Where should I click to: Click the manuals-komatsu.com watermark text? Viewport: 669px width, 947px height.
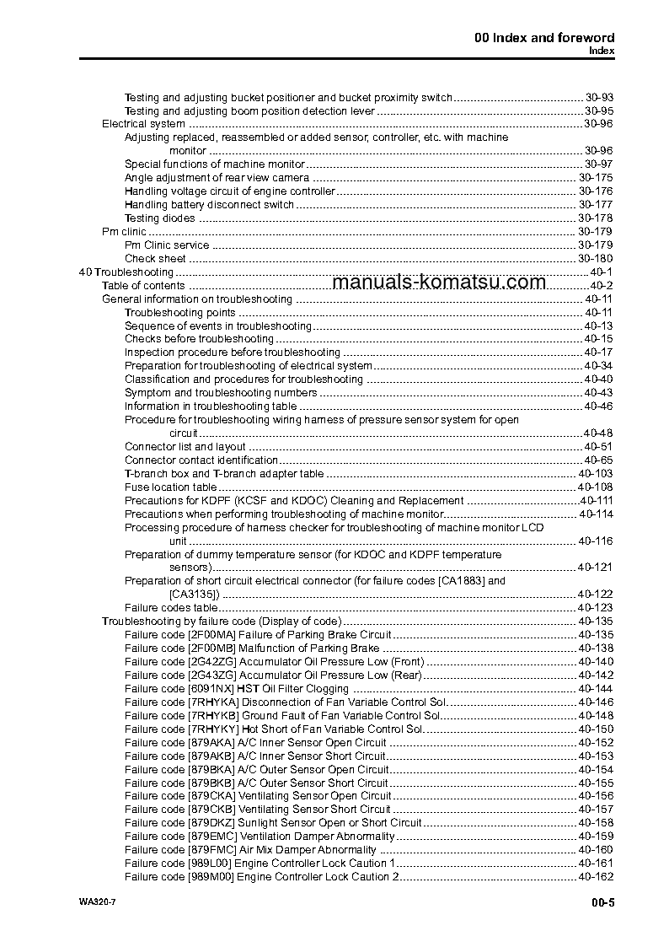(439, 282)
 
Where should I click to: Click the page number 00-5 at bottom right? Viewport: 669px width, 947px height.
(602, 903)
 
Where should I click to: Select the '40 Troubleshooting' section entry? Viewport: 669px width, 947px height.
(126, 272)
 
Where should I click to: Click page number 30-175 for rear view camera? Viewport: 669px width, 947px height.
(595, 178)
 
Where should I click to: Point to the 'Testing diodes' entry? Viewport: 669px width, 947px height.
(160, 218)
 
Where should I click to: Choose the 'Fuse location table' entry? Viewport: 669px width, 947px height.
(170, 487)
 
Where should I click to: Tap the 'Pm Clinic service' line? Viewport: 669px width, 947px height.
(167, 245)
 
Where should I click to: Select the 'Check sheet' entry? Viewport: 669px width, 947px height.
(155, 259)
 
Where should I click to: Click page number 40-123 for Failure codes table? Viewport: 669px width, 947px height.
(595, 608)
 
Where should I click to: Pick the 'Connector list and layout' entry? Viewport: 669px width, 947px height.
(185, 447)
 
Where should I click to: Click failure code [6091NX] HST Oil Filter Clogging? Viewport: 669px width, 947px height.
(237, 689)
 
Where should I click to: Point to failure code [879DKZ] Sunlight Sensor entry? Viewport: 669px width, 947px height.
(273, 823)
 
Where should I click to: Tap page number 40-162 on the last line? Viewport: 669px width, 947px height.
(595, 877)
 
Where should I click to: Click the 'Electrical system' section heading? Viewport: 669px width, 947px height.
(143, 124)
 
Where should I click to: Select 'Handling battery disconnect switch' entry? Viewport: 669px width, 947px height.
(210, 205)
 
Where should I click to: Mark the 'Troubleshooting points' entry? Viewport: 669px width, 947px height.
(180, 313)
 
